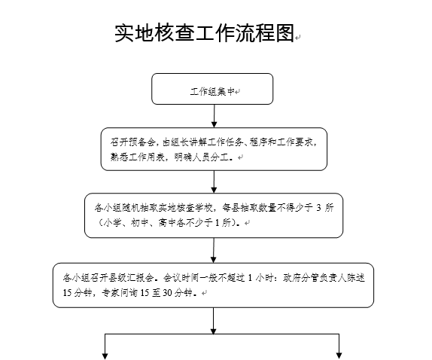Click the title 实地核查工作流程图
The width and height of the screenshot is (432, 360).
[x=203, y=34]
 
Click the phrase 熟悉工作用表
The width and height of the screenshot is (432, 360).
[x=124, y=157]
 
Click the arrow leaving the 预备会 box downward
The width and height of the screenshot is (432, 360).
[x=214, y=182]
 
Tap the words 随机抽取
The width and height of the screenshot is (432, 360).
[x=141, y=206]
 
